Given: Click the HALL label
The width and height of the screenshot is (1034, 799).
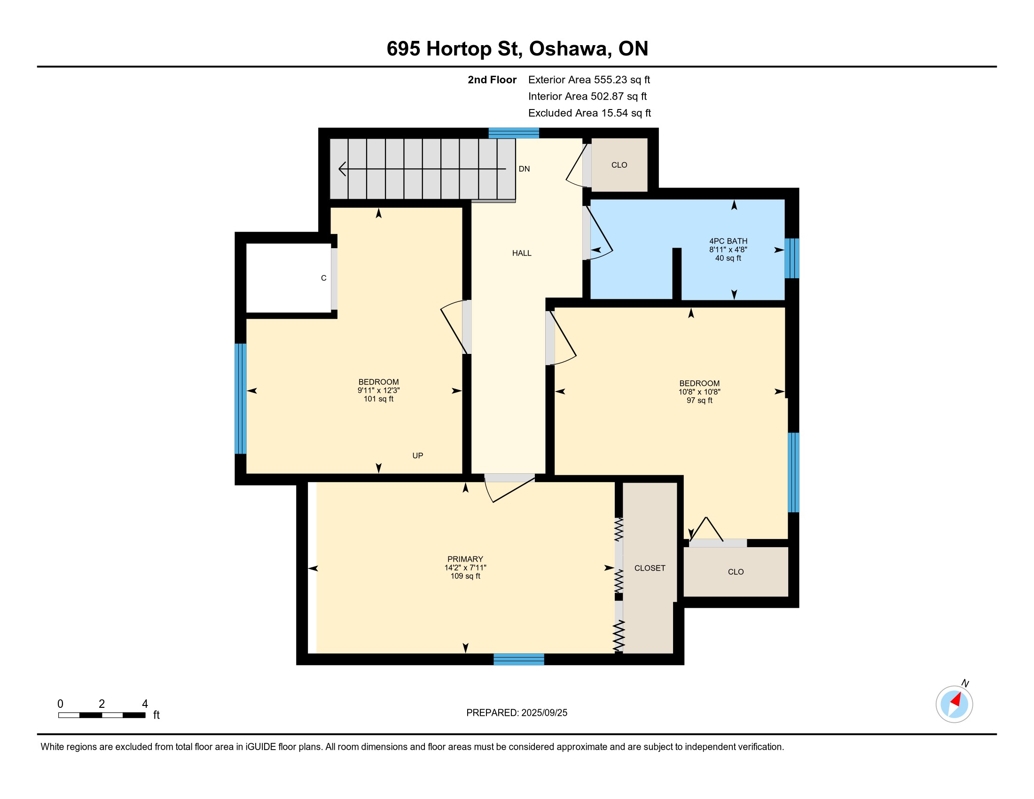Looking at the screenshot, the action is click(522, 253).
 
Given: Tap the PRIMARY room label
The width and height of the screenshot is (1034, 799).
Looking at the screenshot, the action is click(465, 559).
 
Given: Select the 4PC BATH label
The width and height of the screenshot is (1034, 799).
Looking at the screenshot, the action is click(728, 241).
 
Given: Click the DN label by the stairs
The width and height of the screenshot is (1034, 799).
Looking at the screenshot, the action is click(524, 169).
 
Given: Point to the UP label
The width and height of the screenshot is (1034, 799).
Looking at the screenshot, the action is click(417, 455).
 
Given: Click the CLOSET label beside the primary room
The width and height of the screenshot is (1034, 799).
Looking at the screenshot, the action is click(650, 568).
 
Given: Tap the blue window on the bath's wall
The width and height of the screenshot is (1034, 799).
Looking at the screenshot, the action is click(791, 258).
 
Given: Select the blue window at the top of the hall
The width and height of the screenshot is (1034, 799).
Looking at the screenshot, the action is click(514, 133).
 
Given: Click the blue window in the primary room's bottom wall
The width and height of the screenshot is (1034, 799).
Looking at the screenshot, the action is click(519, 659).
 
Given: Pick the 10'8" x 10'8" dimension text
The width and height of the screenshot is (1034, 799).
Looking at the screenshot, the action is click(699, 392).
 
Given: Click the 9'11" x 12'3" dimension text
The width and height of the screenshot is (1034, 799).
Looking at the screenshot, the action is click(378, 391).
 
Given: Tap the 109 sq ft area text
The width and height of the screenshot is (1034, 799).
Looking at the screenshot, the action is click(465, 576).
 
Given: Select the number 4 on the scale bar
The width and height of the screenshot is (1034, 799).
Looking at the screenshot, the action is click(145, 704).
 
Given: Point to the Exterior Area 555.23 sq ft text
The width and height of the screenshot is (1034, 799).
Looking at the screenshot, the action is click(589, 80).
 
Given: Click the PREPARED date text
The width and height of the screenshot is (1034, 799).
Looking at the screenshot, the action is click(517, 713).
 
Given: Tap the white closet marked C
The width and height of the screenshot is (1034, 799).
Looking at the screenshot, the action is click(288, 278).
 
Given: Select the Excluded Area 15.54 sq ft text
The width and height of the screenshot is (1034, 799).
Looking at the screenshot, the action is click(589, 113).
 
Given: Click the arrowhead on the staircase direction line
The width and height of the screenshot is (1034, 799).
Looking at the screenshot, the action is click(342, 169).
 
